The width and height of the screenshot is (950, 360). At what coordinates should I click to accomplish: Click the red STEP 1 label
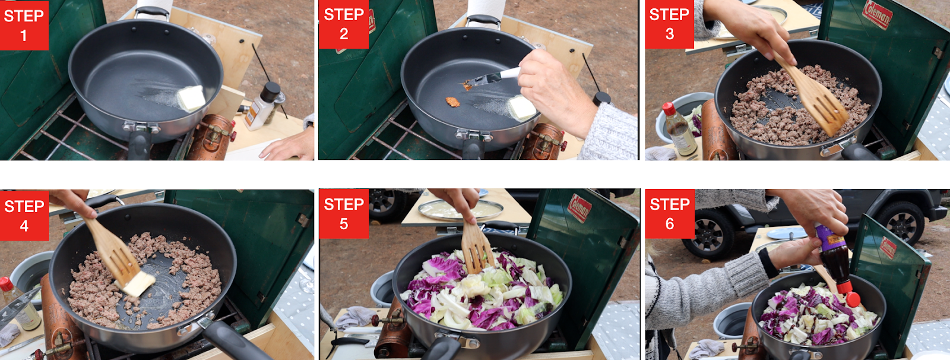click(24, 25)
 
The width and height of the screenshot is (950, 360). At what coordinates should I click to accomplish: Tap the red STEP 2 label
click(344, 24)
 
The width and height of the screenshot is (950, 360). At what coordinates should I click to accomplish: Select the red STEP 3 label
click(669, 24)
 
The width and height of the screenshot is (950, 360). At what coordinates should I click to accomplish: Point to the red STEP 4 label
click(24, 216)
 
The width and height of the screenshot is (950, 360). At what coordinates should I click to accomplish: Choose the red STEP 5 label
click(344, 213)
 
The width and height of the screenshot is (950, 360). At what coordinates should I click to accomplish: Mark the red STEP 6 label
click(669, 213)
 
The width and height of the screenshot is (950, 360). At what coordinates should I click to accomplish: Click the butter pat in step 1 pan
click(191, 98)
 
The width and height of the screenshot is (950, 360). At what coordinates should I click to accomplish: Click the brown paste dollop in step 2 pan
click(452, 102)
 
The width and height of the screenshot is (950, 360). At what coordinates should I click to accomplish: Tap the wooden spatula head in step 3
click(821, 106)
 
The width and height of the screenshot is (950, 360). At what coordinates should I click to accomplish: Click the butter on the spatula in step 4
click(138, 284)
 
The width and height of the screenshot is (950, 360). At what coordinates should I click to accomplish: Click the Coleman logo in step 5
click(579, 208)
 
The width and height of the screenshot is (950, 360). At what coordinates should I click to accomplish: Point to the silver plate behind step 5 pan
click(461, 210)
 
